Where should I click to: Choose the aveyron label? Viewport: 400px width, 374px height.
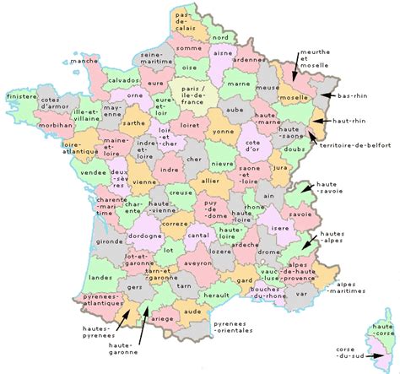[x=199, y=264]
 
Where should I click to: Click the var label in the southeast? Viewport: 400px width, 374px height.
[x=301, y=294]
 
